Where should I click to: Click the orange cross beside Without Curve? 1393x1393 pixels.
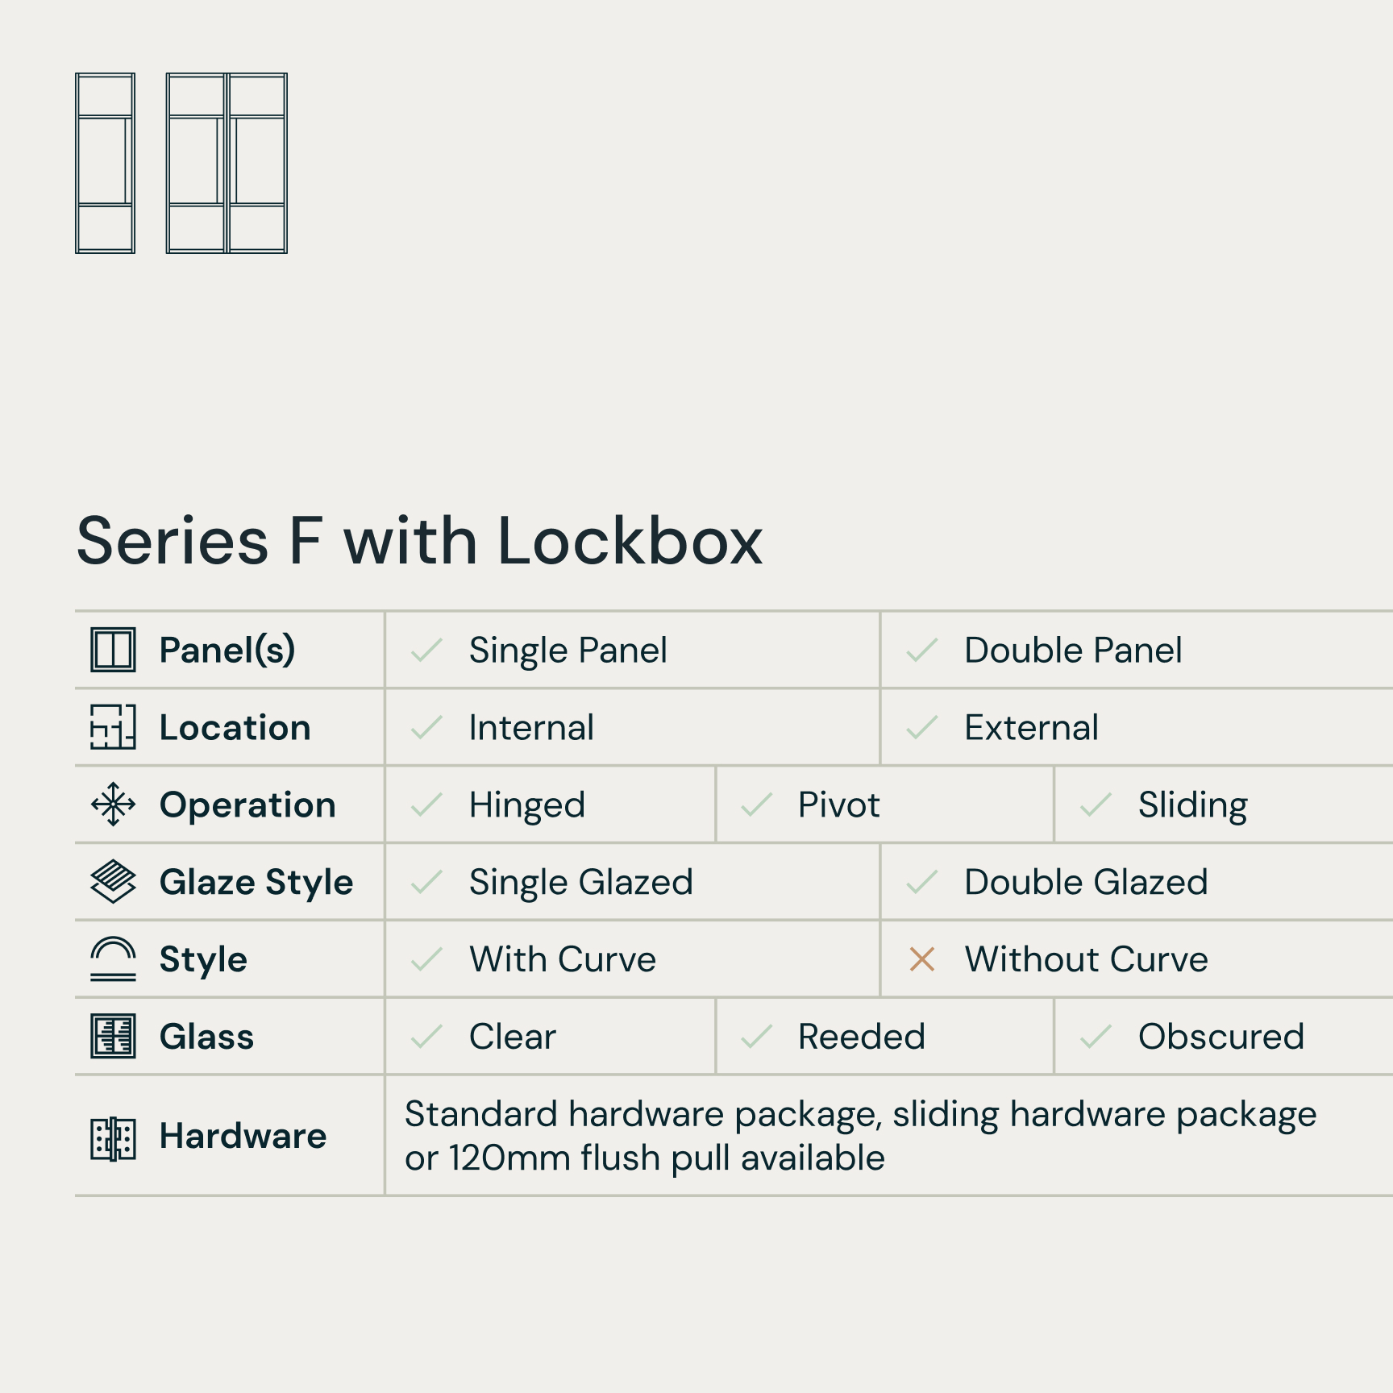(921, 959)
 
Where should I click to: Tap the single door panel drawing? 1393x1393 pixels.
(105, 164)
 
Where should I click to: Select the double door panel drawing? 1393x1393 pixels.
(227, 164)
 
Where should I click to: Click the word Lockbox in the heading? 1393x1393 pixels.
(630, 541)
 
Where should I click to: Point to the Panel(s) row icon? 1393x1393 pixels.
(113, 650)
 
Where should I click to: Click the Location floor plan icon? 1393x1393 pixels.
(113, 727)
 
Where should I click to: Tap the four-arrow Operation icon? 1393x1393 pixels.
(113, 804)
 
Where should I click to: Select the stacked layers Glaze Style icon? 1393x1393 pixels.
(113, 881)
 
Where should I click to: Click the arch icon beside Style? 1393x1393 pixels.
(113, 958)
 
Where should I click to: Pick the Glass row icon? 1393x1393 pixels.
(113, 1036)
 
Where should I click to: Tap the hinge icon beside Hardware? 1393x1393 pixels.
(113, 1138)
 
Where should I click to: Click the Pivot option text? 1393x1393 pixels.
(838, 805)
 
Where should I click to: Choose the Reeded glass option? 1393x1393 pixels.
(861, 1037)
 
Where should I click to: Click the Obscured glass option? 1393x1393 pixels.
(1221, 1037)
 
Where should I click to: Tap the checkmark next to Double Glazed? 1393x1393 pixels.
(921, 882)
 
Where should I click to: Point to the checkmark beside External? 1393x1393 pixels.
(921, 727)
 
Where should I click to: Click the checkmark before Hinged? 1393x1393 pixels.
(426, 805)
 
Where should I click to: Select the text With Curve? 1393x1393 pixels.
(563, 959)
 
